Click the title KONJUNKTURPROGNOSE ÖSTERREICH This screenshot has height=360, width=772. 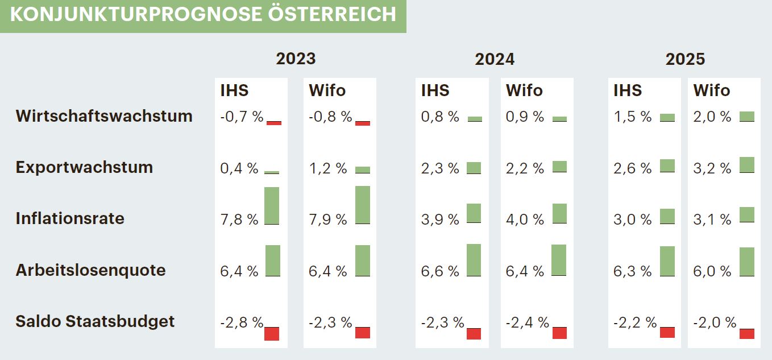(203, 15)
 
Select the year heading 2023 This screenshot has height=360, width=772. (296, 59)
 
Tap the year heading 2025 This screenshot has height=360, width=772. (685, 59)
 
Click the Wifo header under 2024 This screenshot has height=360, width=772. (524, 90)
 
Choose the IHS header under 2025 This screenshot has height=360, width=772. (628, 90)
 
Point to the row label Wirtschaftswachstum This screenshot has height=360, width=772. (104, 116)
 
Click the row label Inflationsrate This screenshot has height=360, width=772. (70, 218)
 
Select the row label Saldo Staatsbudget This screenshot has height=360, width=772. (95, 321)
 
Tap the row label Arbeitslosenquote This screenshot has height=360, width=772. (91, 270)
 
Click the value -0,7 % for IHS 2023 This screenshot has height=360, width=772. (242, 117)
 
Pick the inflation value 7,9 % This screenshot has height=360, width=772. (327, 220)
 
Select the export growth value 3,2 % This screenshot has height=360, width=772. (712, 168)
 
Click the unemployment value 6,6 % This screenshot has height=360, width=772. (439, 271)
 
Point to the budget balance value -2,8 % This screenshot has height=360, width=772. (242, 322)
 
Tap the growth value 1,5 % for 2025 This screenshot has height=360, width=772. (632, 117)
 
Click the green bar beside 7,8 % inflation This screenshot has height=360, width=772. (272, 205)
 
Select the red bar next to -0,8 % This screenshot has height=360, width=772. (362, 123)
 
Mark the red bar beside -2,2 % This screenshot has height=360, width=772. (667, 332)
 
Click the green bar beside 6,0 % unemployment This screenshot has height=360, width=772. (746, 262)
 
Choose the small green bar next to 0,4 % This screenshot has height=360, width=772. (272, 172)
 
